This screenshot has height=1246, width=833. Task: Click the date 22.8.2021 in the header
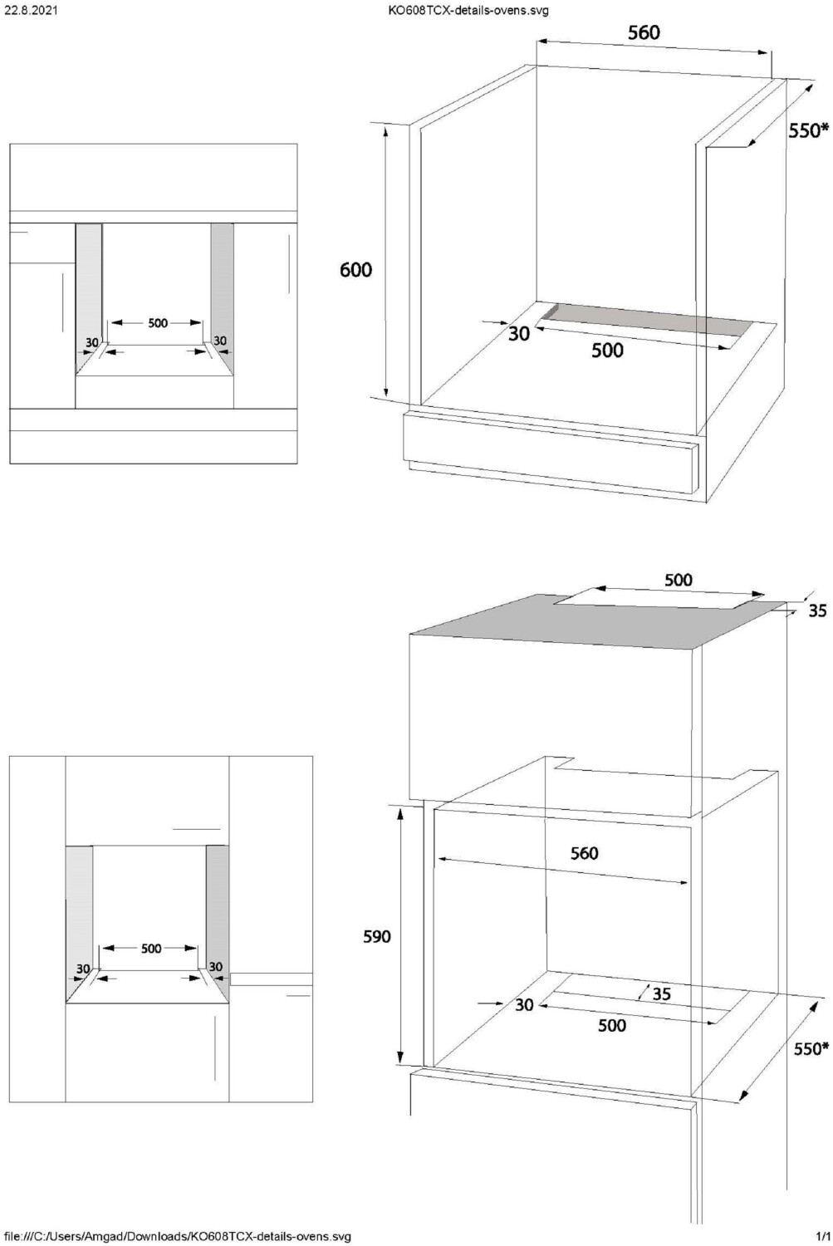point(31,11)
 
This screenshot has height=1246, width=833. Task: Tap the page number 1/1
point(822,1236)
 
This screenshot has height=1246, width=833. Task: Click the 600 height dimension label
point(355,269)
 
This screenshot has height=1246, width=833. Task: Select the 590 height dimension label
point(376,936)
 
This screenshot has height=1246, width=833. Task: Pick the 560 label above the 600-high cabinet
point(644,32)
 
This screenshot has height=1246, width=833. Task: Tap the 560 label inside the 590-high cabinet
point(584,853)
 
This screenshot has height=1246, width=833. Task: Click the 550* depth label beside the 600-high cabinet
point(808,130)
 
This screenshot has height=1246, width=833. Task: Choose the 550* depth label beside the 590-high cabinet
point(811,1048)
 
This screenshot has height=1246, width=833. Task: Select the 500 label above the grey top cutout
point(679,580)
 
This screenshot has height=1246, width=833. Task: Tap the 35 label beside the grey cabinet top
point(817,611)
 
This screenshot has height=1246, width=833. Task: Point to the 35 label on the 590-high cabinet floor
point(661,993)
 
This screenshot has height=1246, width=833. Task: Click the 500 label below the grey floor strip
point(607,350)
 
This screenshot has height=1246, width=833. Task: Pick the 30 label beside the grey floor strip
point(518,333)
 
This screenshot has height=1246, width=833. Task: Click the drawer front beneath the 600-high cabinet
point(548,451)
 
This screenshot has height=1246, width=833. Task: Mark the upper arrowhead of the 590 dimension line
point(401,812)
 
